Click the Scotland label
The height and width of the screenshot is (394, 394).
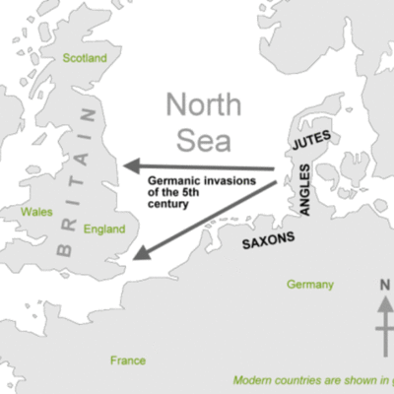pos(84,58)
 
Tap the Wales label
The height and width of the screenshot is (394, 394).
pos(36,211)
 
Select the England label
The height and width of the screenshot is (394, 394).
pos(104,229)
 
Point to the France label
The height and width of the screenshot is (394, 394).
pos(128,361)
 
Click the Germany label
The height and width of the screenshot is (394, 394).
pos(309,285)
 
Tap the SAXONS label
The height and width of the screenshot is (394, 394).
pos(269,239)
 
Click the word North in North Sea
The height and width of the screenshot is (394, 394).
pos(203,103)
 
